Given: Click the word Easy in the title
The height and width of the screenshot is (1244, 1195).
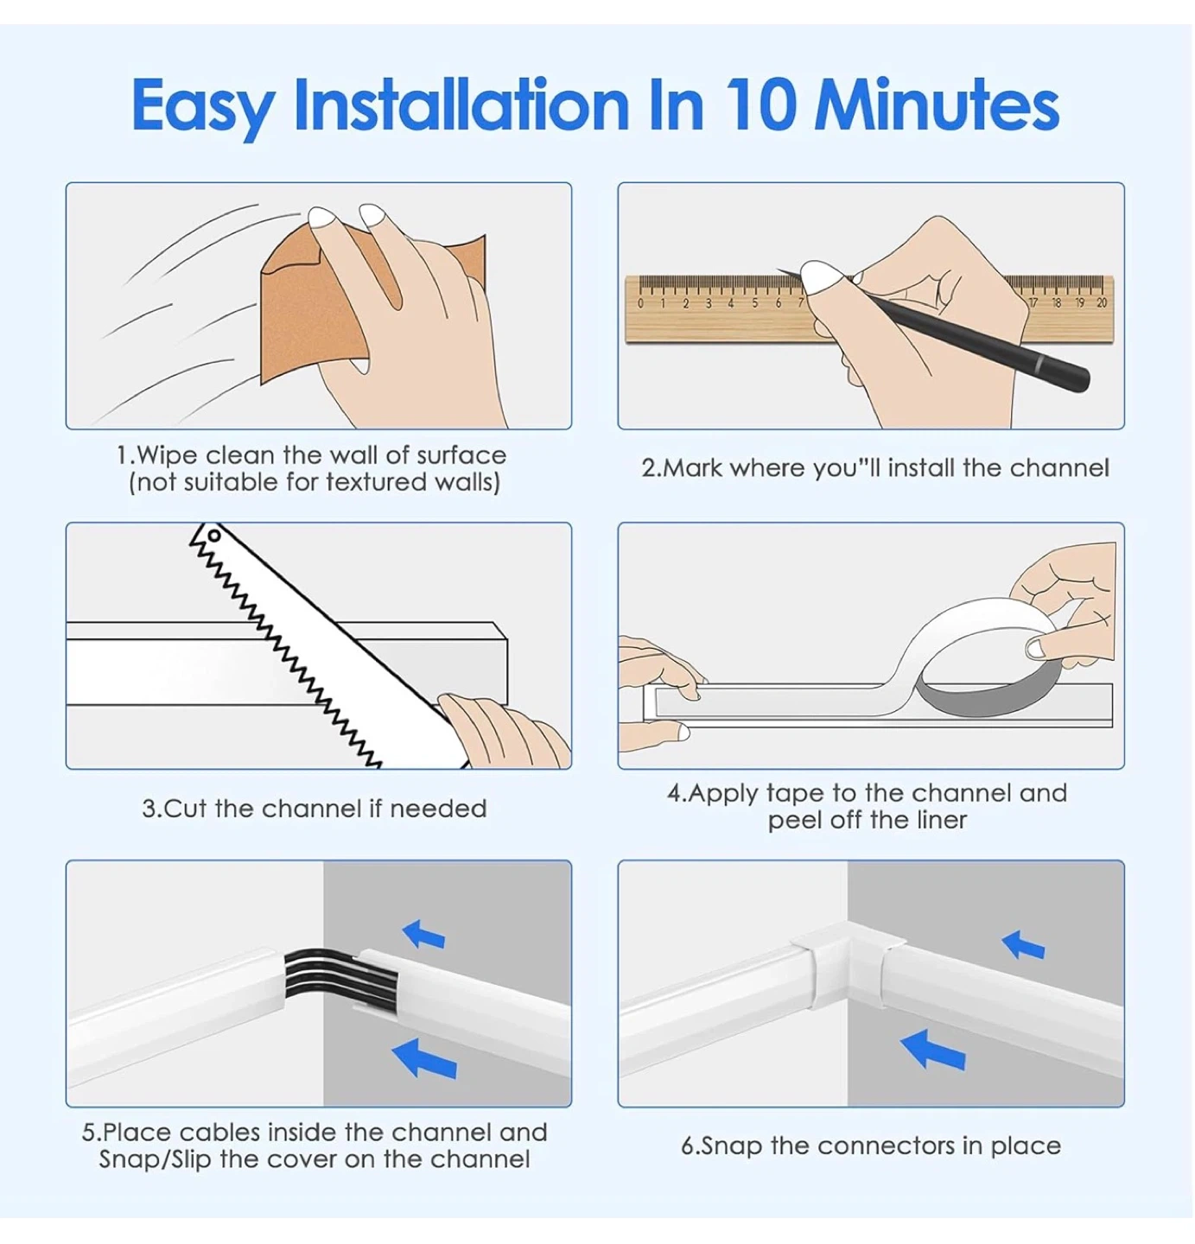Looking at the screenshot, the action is pyautogui.click(x=203, y=109).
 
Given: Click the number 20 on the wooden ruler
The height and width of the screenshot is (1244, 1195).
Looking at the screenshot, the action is pyautogui.click(x=1101, y=303).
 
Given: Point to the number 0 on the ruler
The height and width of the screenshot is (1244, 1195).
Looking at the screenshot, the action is pyautogui.click(x=640, y=303).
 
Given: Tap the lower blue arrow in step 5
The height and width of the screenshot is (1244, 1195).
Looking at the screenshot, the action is pyautogui.click(x=424, y=1058).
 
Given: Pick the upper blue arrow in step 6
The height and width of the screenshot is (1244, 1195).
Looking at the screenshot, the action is pyautogui.click(x=1023, y=944).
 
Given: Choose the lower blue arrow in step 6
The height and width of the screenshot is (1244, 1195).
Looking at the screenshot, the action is pyautogui.click(x=933, y=1050).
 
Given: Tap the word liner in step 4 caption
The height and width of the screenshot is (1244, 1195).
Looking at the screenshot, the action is pyautogui.click(x=942, y=820).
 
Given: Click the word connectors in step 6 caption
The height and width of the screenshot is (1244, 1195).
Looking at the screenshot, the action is pyautogui.click(x=887, y=1146).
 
